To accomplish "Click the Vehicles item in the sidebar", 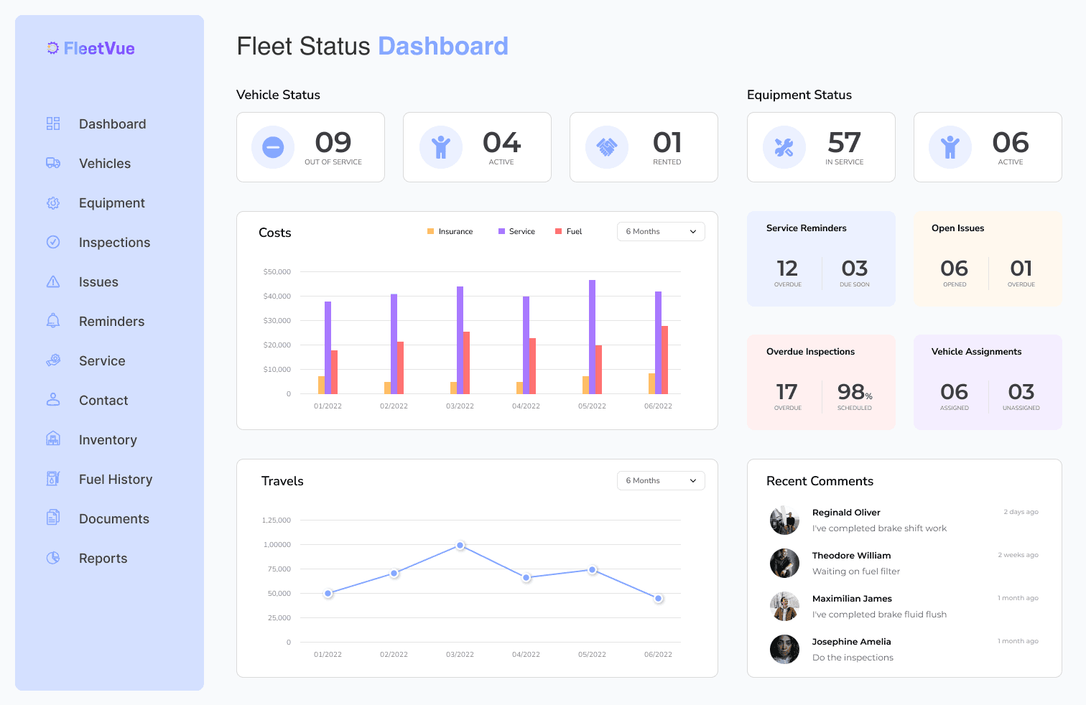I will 104,164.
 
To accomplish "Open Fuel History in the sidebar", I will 115,480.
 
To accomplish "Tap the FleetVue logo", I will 91,48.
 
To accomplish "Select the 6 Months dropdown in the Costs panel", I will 661,231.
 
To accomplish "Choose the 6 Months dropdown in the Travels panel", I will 661,480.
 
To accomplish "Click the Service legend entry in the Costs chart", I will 517,231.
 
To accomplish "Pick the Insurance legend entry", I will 450,231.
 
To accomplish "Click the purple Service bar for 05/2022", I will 592,337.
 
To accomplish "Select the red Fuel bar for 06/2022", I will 665,360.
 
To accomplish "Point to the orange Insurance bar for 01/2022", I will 321,385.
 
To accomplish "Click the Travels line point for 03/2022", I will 460,546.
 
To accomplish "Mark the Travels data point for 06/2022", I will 659,598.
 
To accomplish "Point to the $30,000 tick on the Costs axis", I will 277,320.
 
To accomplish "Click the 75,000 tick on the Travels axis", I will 279,569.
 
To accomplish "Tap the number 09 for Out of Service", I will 333,143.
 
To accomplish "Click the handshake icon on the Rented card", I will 607,147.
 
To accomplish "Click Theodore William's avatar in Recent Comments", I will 784,563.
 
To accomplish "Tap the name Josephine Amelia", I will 851,641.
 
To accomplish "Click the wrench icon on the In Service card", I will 784,147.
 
